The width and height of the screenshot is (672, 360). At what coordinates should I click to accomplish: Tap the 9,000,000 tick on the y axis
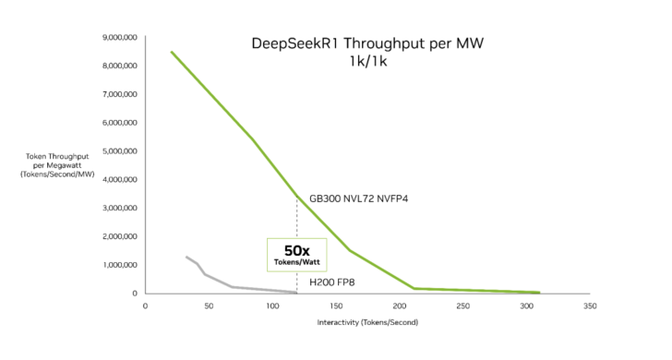tap(118, 38)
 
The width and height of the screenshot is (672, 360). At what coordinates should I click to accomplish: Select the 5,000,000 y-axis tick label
tap(118, 151)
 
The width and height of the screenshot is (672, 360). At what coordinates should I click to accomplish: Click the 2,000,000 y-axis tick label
tap(118, 236)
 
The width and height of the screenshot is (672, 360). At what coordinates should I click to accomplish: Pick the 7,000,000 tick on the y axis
tap(118, 94)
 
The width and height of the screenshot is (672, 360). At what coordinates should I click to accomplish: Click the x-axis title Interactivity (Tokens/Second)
tap(366, 322)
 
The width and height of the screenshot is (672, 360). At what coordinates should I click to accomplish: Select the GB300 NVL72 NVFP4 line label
tap(358, 197)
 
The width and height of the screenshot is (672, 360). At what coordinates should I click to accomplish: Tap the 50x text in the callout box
tap(295, 249)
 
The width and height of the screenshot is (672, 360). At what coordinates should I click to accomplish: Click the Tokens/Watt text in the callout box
tap(295, 262)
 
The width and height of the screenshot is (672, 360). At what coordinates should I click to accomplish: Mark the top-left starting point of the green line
tap(171, 52)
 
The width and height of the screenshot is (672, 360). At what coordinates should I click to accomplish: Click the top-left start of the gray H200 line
tap(186, 257)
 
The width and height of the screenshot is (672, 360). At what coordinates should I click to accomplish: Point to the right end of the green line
tap(539, 292)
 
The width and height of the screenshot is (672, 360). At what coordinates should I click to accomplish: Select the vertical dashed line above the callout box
tap(296, 217)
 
